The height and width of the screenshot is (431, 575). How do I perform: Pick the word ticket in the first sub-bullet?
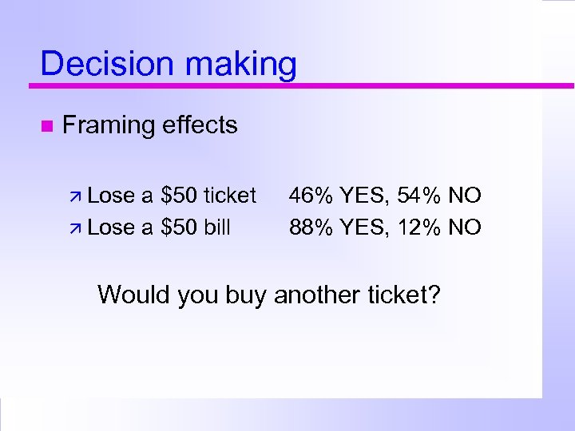click(230, 196)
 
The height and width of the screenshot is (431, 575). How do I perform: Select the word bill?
click(217, 227)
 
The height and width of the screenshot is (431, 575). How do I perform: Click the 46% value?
click(311, 196)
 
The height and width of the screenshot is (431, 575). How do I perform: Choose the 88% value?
click(311, 227)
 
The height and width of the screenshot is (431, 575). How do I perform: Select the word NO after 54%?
click(465, 196)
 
